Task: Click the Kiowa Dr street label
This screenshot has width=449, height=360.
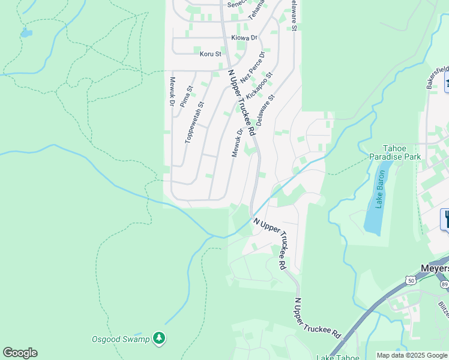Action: tap(244, 38)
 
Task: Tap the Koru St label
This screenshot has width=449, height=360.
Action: tap(211, 54)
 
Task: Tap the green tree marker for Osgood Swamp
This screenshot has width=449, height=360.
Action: tap(158, 338)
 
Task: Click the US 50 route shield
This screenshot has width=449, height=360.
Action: tap(411, 280)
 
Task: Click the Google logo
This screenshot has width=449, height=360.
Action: tap(20, 353)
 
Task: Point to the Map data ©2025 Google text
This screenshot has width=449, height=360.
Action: tap(412, 355)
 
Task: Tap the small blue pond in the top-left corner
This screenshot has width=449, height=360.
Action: tap(25, 33)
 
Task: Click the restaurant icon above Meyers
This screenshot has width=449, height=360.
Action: tap(446, 218)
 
